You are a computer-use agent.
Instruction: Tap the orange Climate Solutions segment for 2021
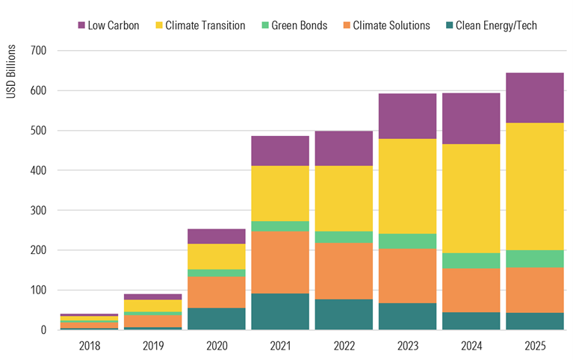(x=280, y=262)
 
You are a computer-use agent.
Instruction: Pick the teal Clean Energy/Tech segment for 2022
(x=344, y=314)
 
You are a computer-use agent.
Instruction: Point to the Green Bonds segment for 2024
(x=471, y=261)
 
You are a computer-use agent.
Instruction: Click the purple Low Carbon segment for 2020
(x=217, y=236)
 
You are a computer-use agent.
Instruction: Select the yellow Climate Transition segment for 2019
(x=153, y=305)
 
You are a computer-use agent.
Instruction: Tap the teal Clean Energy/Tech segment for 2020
(x=217, y=319)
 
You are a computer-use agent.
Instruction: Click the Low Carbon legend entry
(x=108, y=25)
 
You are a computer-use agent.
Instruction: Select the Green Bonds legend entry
(x=295, y=25)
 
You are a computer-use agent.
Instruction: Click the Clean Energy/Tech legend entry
(x=489, y=25)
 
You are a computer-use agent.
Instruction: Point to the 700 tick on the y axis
(x=37, y=51)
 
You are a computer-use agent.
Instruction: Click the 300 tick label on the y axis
(x=37, y=211)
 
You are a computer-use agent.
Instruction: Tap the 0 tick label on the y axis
(x=43, y=330)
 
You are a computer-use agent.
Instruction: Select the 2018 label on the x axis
(x=90, y=345)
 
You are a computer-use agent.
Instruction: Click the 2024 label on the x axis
(x=471, y=345)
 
